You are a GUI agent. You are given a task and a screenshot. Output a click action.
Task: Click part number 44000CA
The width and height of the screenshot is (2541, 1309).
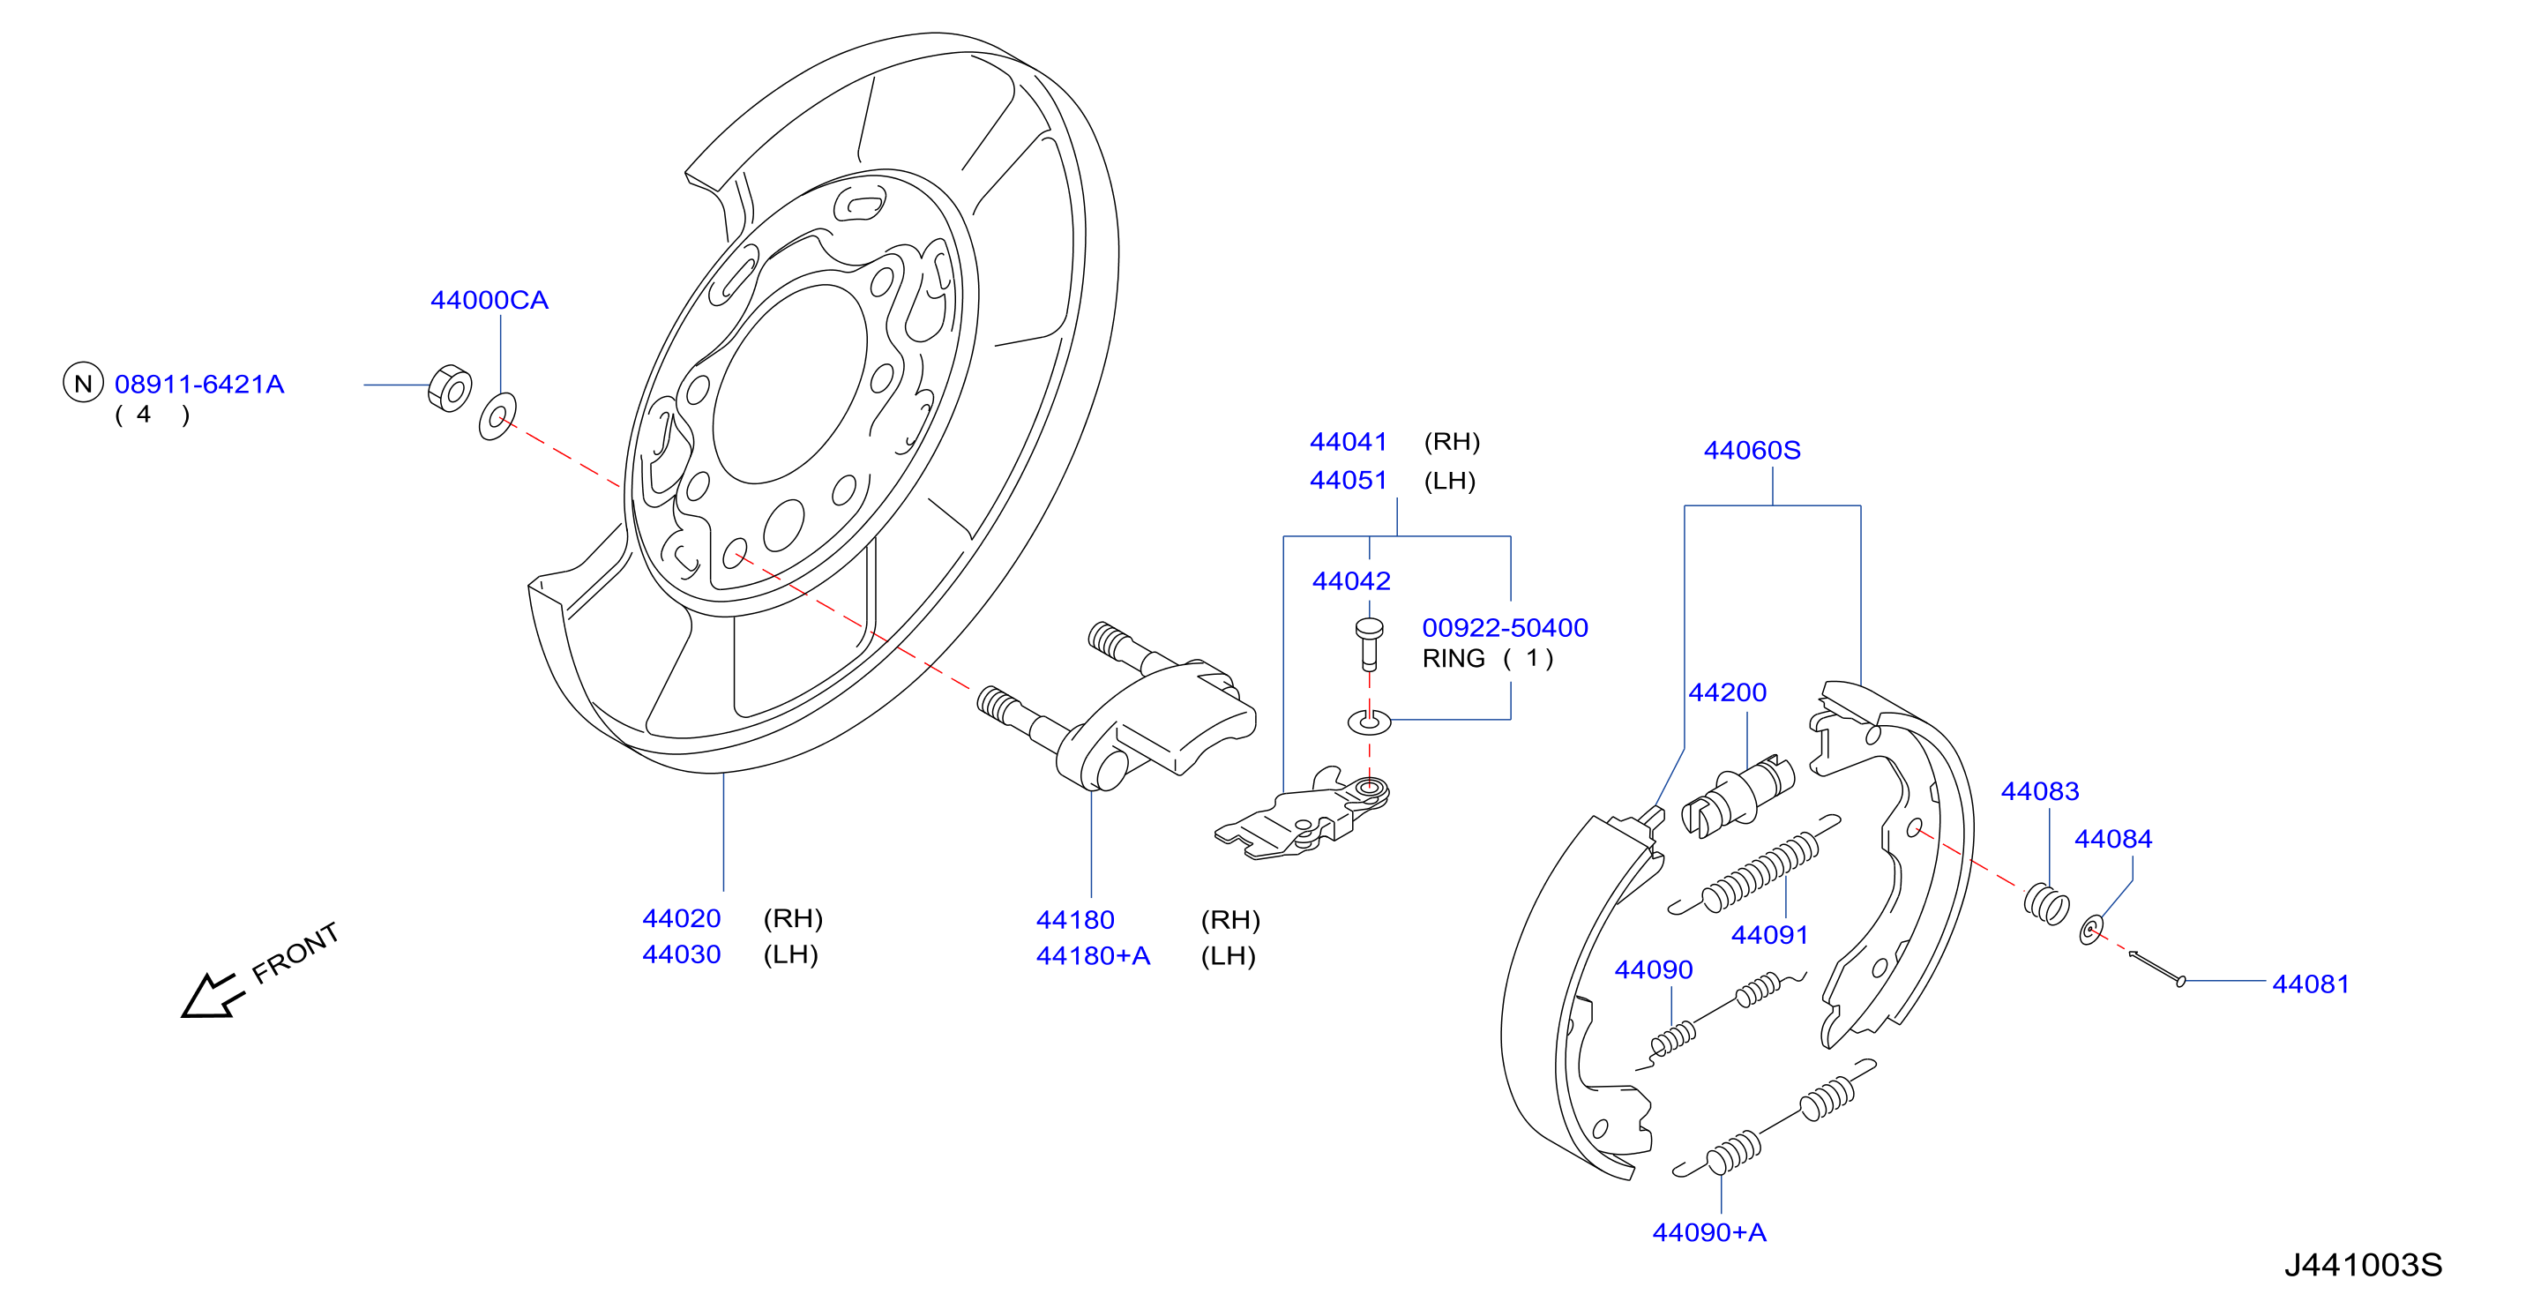(490, 300)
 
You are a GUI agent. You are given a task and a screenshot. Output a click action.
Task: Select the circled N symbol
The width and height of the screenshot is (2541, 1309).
(83, 383)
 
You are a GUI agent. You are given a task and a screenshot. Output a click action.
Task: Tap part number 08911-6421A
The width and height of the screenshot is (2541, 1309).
(199, 384)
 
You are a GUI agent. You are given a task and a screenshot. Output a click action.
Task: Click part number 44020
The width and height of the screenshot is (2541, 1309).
(682, 918)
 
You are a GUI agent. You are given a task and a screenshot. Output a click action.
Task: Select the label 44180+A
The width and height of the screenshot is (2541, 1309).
(1093, 956)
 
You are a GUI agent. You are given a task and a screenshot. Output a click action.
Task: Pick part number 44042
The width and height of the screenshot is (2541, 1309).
(1351, 581)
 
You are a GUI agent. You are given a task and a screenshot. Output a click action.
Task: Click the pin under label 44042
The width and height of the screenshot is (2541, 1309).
(1369, 643)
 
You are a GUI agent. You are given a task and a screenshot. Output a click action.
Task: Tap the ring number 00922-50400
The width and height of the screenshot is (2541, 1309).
(1506, 627)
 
